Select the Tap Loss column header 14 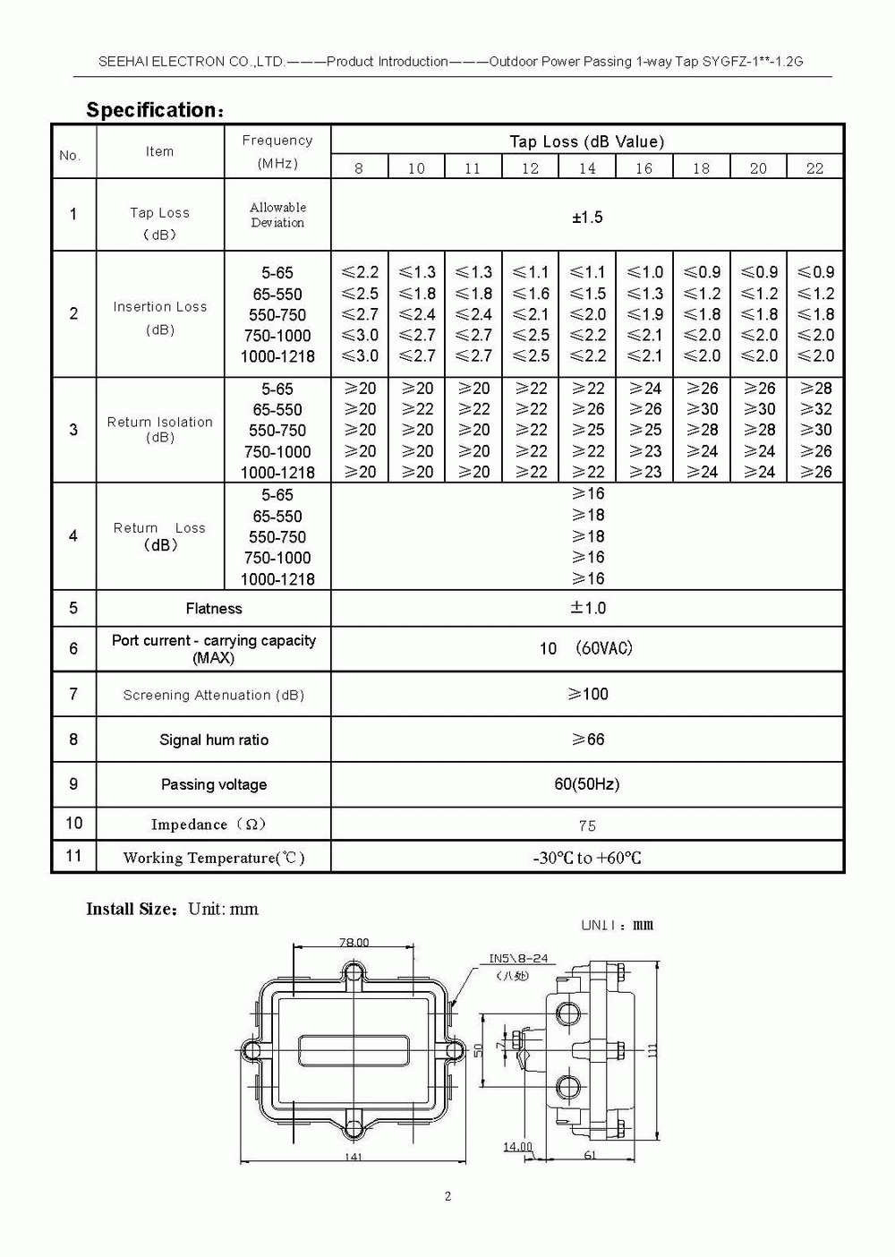click(587, 168)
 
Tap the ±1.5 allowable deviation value click(587, 218)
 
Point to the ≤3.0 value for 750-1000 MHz click(360, 335)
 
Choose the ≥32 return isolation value click(815, 409)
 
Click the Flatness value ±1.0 click(588, 608)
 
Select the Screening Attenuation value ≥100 click(588, 694)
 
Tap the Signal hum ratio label click(214, 740)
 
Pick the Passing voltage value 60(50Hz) click(587, 784)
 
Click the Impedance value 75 click(587, 825)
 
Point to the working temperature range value click(587, 858)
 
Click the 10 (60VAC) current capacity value click(587, 648)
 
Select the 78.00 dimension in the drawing click(354, 942)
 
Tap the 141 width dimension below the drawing click(353, 1157)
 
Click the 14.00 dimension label click(517, 1147)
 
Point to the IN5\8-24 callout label click(518, 958)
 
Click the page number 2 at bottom click(448, 1196)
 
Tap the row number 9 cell click(73, 784)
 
